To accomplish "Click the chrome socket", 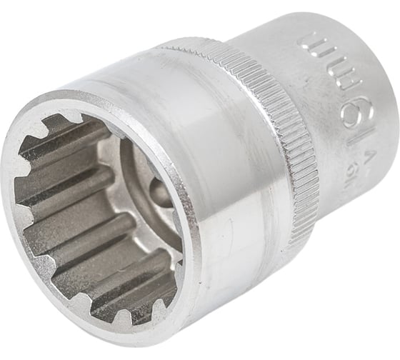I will pos(214,179).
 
